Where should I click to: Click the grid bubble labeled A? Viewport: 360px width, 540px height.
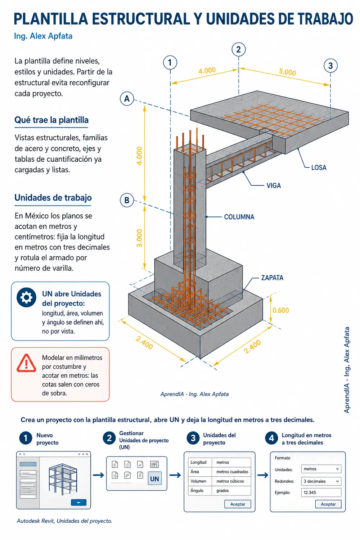[x=127, y=99]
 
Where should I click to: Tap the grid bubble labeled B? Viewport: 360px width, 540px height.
[x=127, y=200]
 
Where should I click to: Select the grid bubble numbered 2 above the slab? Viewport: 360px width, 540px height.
[x=238, y=49]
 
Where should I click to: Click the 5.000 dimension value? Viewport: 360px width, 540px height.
[x=287, y=72]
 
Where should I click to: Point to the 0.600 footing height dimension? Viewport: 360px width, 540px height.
[x=281, y=310]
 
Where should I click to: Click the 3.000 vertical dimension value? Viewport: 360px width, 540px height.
[x=139, y=238]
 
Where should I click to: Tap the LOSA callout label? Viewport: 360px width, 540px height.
[x=319, y=167]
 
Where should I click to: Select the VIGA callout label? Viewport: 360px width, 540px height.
[x=274, y=186]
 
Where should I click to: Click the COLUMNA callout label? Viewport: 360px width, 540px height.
[x=239, y=217]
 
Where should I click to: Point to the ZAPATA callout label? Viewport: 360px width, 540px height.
[x=272, y=278]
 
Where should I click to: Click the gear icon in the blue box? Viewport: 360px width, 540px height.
[x=27, y=297]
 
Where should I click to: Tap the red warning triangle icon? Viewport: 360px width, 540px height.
[x=26, y=363]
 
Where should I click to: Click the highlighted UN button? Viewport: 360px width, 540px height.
[x=154, y=478]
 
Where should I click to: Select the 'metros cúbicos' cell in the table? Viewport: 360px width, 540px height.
[x=230, y=481]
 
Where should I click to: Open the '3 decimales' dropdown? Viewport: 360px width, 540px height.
[x=321, y=481]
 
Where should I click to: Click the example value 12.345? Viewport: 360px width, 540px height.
[x=310, y=492]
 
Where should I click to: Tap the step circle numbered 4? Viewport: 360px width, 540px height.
[x=271, y=438]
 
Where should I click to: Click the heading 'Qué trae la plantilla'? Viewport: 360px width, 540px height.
[x=51, y=120]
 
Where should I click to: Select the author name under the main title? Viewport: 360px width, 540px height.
[x=43, y=36]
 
